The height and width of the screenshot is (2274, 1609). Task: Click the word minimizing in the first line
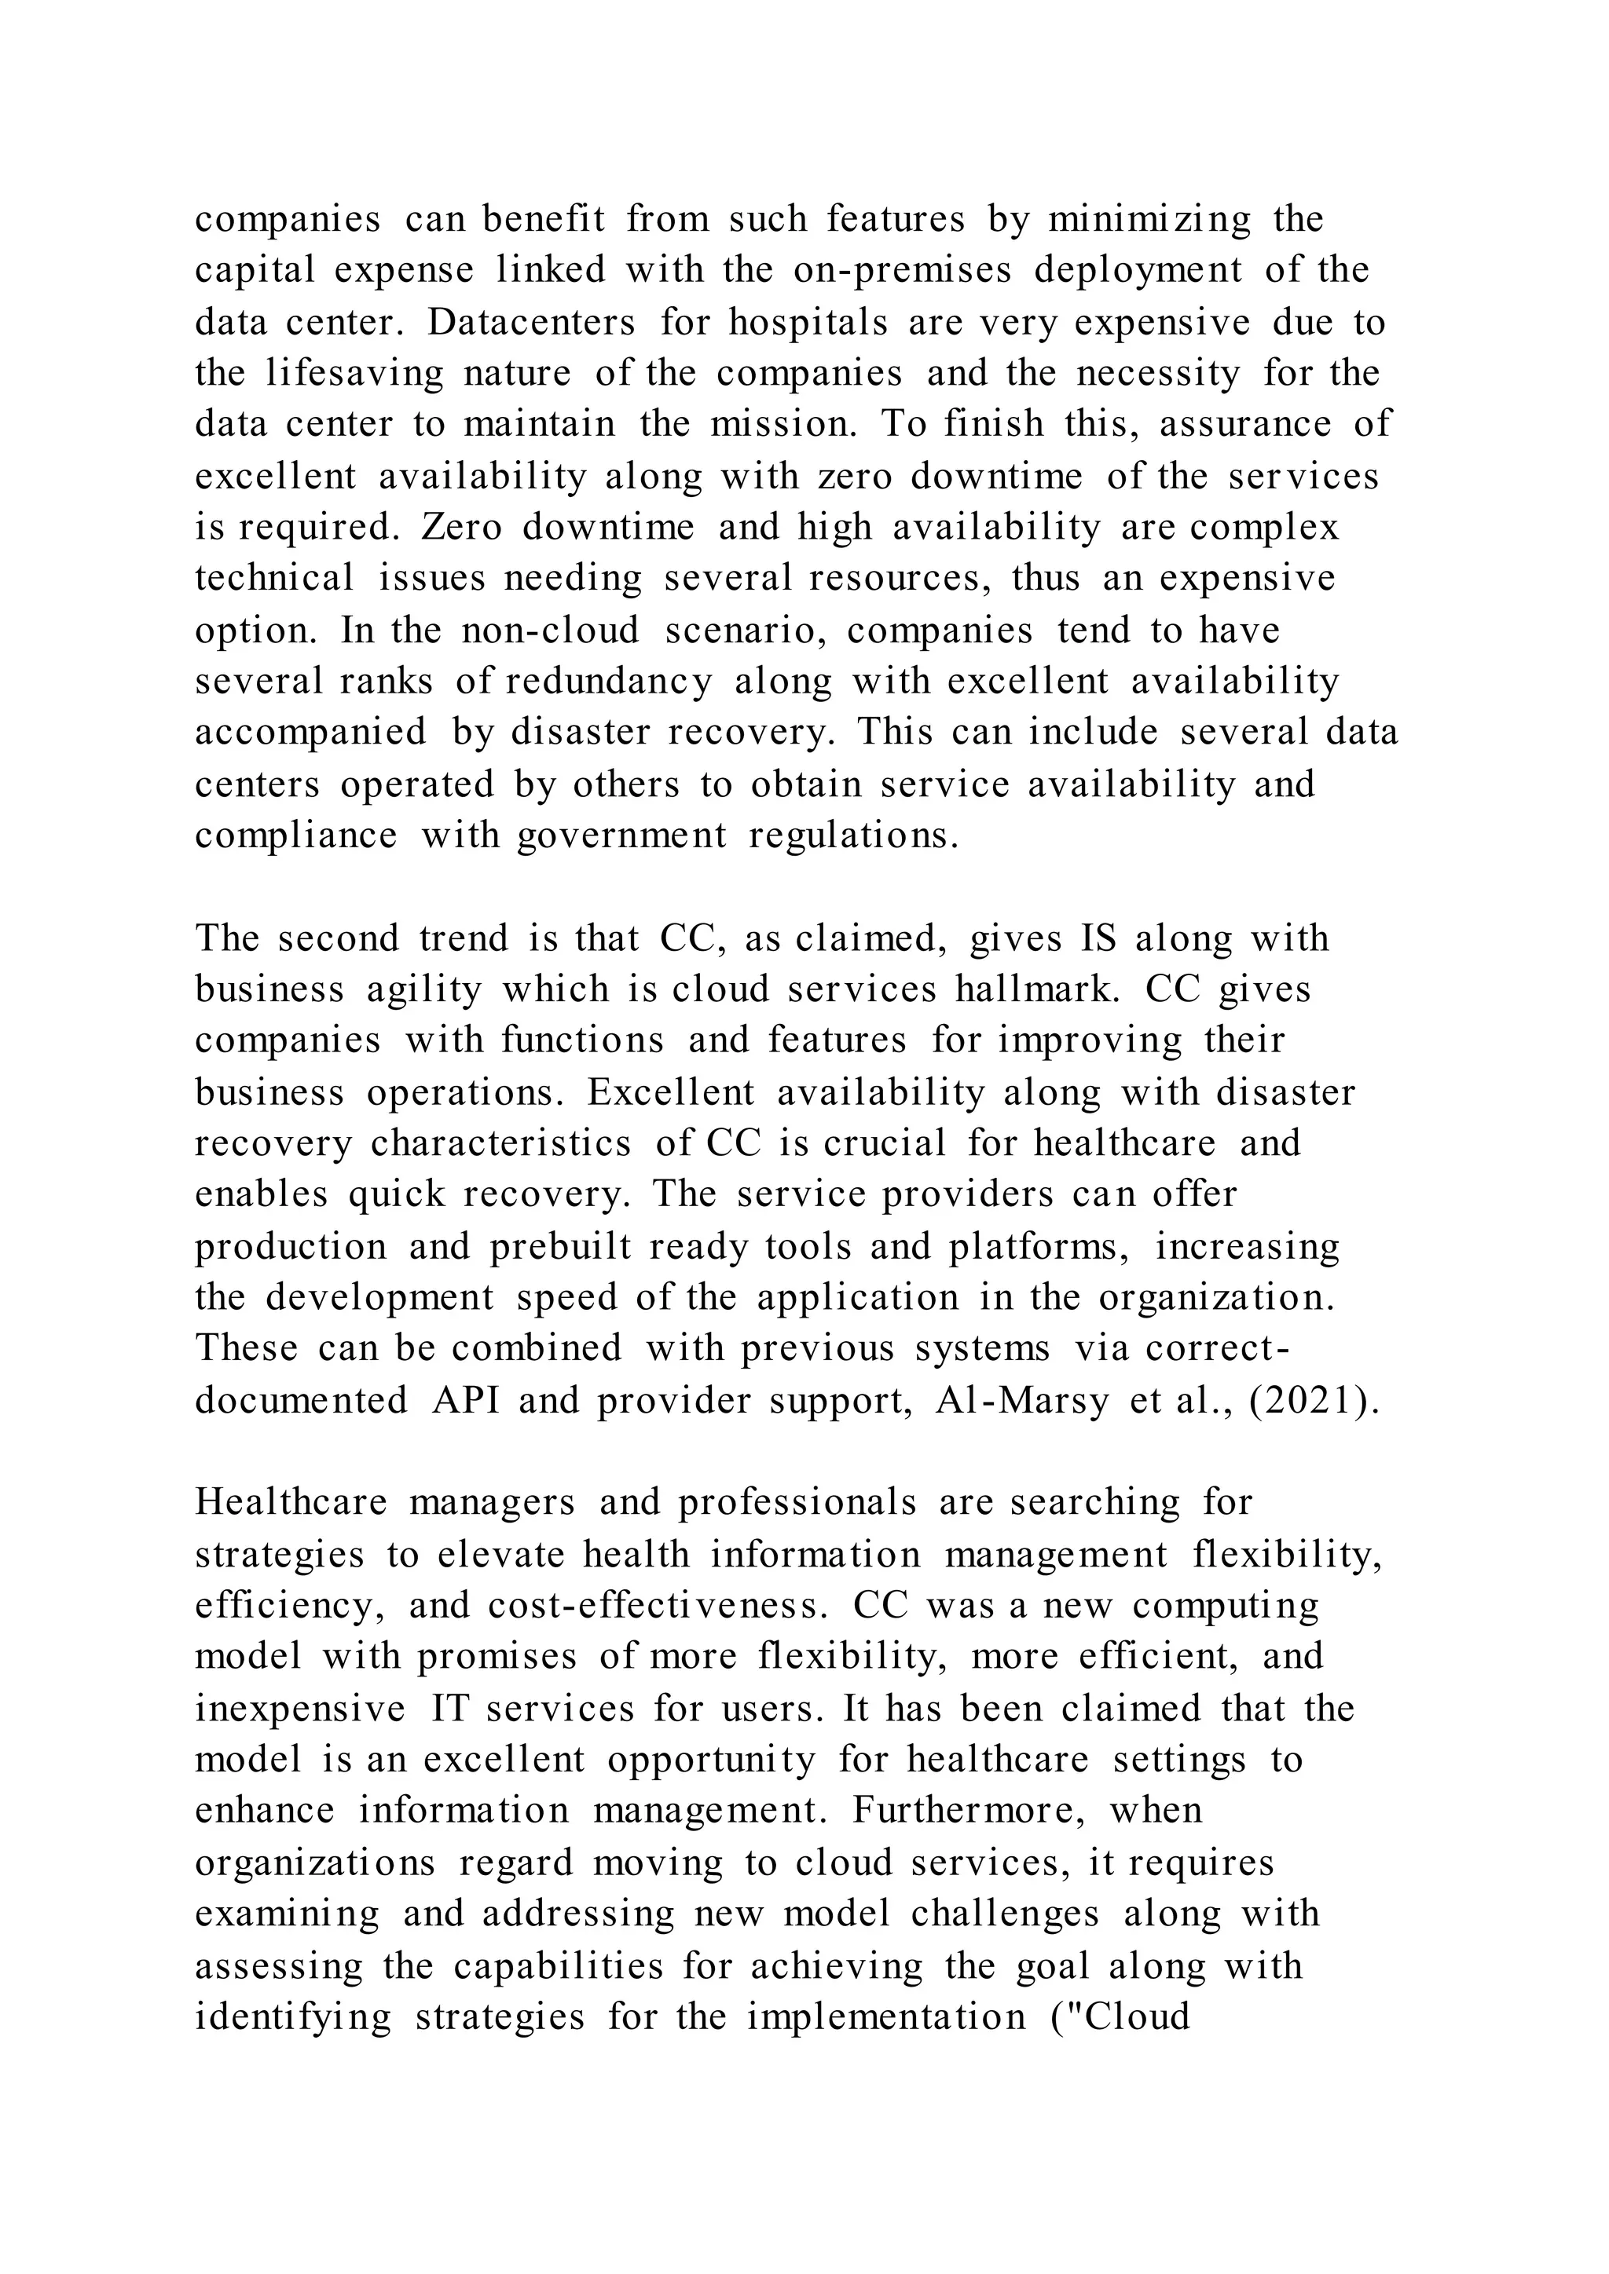tap(1149, 219)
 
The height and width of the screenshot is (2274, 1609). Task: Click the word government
tap(622, 836)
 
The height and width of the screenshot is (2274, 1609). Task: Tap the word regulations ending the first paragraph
tap(854, 836)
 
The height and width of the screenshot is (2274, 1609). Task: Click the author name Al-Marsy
tap(1021, 1401)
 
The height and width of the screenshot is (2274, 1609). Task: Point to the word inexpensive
tap(300, 1709)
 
